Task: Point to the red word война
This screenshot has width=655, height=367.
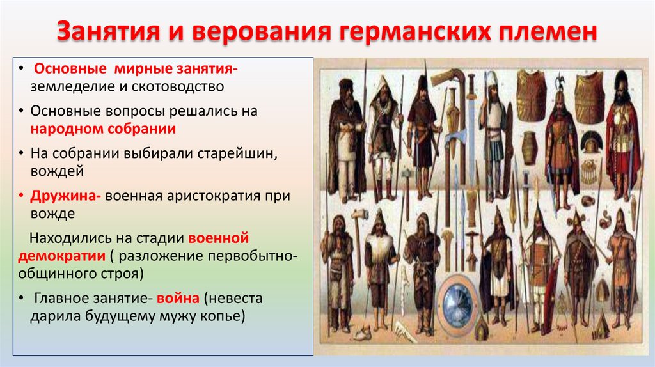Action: [179, 299]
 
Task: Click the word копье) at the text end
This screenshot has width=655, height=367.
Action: [223, 316]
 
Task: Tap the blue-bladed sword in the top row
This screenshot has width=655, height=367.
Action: [471, 115]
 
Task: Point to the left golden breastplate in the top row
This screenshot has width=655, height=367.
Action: [531, 96]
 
